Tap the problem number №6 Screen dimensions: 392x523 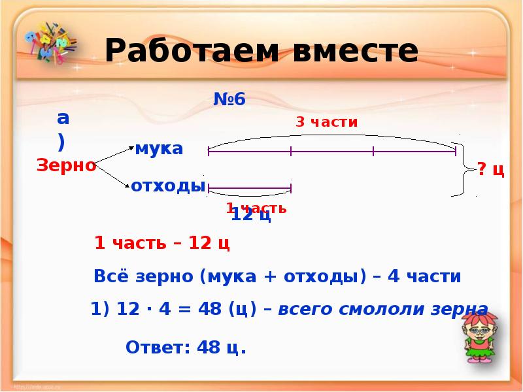click(229, 99)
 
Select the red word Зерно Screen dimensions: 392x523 click(66, 166)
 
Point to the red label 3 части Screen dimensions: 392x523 click(326, 122)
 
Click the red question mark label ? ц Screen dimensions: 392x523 click(490, 171)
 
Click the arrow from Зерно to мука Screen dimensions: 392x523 click(114, 155)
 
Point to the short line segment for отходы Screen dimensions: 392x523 click(249, 189)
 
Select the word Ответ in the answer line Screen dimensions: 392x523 click(154, 347)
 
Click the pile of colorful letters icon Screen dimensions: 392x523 click(48, 43)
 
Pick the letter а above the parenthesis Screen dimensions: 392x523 click(63, 118)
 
